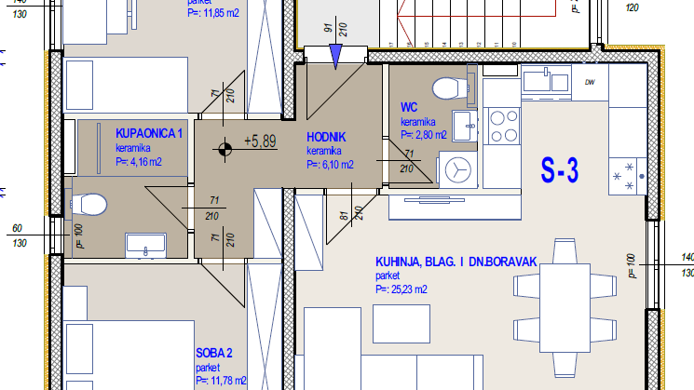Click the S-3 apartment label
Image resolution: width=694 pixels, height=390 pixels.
coord(560,170)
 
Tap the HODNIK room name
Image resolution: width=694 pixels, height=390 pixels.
coord(326,137)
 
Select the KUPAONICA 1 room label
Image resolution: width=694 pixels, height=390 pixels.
coord(149,133)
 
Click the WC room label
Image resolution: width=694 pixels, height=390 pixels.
coord(409,107)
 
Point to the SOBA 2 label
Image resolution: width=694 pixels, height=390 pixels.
coord(214,354)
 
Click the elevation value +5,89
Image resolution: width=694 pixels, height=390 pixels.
coord(260,141)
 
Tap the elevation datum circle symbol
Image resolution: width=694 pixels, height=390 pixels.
coord(225,150)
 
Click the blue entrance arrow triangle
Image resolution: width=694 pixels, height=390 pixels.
coord(336,56)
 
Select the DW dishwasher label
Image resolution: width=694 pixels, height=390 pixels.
coord(590,82)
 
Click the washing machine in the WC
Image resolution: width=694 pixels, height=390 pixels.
coord(458,170)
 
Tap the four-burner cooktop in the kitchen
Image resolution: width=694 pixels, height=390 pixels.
coord(504,126)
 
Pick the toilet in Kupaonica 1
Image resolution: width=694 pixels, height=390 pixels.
coord(88,205)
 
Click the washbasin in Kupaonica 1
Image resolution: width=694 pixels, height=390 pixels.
coord(145,246)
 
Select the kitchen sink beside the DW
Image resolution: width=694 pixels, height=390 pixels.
coord(546,80)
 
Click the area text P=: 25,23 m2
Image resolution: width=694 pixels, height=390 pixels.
coord(401,289)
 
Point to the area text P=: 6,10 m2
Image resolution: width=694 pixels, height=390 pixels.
coord(330,165)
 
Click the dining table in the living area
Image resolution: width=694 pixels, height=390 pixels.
coord(565,308)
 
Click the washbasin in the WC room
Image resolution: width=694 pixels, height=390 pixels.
coord(464,126)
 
